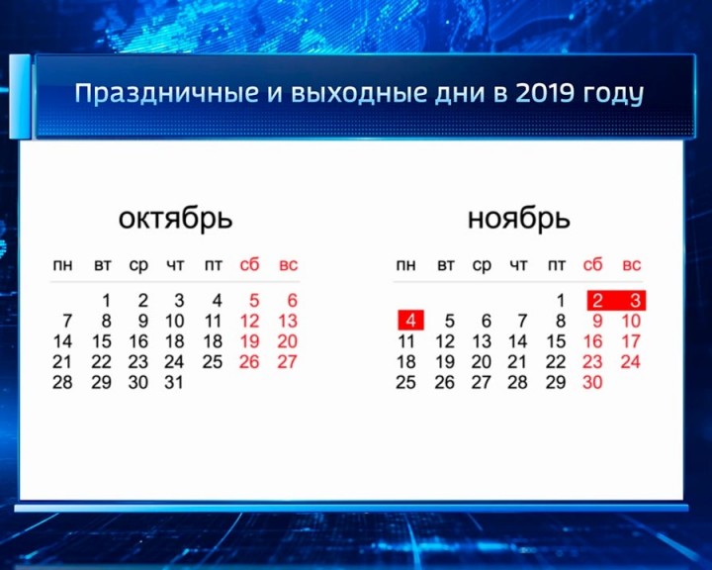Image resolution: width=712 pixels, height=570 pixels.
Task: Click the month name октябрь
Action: (175, 218)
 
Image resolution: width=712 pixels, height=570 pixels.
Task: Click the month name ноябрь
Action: (518, 218)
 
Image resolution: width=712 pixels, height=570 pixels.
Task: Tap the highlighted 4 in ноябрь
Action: (410, 321)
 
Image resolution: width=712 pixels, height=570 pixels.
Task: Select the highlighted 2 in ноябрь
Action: (595, 300)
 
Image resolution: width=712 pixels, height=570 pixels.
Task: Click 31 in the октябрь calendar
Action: (174, 382)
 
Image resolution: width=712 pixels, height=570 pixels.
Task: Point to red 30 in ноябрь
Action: (592, 382)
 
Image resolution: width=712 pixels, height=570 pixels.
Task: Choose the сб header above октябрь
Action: (249, 265)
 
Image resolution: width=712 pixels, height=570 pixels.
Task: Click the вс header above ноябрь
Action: (631, 265)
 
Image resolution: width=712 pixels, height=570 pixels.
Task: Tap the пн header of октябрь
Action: (62, 265)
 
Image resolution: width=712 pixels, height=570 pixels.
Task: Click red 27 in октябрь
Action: (287, 361)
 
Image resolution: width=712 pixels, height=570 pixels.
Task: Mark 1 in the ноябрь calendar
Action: (560, 300)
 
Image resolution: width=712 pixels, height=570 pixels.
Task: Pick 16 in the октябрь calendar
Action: (138, 341)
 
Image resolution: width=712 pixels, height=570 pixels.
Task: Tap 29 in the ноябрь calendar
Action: (556, 382)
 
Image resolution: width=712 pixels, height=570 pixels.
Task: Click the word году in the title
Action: (612, 96)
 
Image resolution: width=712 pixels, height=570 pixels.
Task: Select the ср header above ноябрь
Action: (482, 265)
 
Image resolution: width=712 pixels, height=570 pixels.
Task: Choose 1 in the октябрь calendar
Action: (105, 300)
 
